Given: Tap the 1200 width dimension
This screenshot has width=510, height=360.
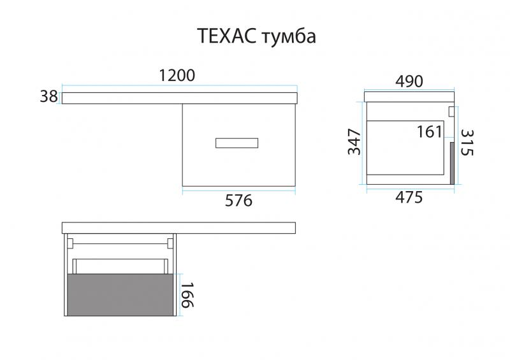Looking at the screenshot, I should click(177, 75).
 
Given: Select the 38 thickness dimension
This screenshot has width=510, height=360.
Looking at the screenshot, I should click(48, 97).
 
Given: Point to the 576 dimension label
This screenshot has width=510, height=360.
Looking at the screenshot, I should click(240, 201).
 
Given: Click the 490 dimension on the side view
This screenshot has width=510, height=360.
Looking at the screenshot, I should click(409, 81).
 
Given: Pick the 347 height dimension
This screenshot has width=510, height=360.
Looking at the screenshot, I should click(354, 141).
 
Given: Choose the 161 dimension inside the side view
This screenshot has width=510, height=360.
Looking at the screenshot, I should click(430, 132).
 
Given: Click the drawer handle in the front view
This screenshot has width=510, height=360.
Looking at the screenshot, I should click(237, 143).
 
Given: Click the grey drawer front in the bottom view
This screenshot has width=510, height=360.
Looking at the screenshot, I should click(120, 294).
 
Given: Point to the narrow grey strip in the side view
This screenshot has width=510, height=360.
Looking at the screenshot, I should click(452, 163).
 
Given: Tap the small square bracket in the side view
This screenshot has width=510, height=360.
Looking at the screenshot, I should click(451, 112).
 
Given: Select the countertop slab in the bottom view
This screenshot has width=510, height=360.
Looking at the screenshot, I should click(179, 227).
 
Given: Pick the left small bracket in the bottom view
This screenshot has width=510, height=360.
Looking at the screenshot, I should click(71, 243).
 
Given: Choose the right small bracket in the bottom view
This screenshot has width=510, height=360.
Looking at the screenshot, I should click(170, 243).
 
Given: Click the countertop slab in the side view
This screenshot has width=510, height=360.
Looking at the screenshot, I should click(409, 96).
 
